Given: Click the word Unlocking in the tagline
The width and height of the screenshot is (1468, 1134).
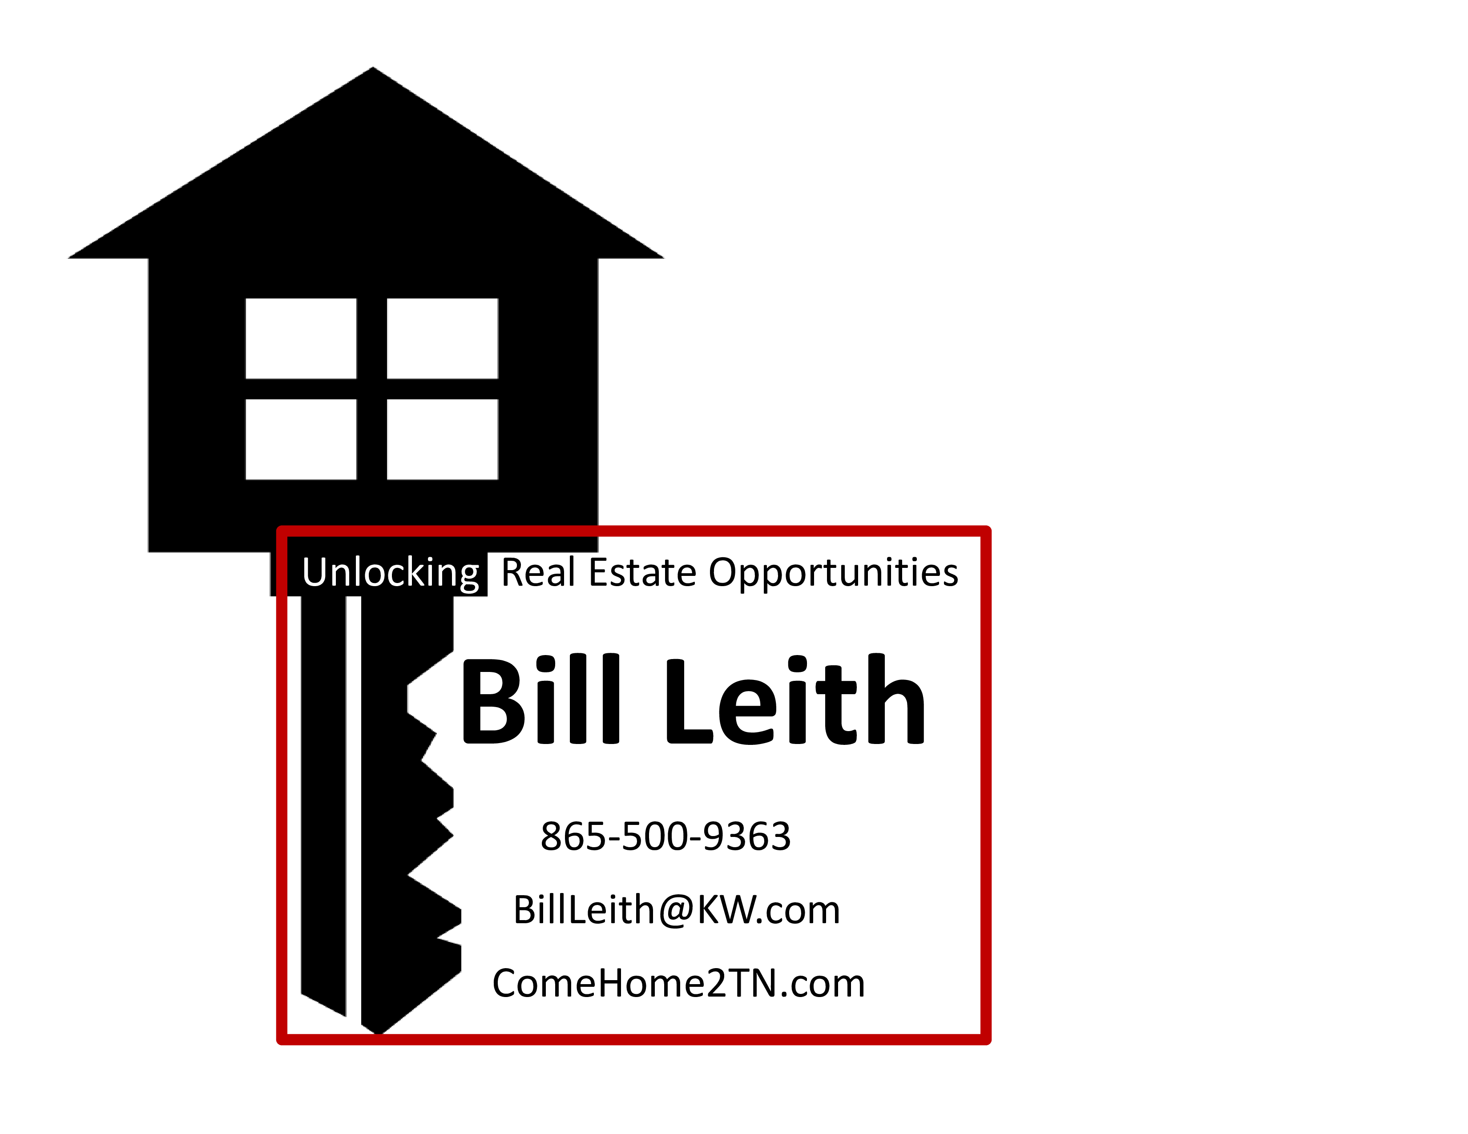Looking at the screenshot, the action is click(391, 574).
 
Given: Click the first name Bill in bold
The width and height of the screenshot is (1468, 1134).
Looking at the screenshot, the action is click(540, 699).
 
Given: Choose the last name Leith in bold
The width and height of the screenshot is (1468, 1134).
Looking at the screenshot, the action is click(795, 699).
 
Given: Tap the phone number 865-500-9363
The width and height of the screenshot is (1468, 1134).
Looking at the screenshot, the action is click(665, 836).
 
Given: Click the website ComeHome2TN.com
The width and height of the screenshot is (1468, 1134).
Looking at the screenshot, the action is click(678, 984).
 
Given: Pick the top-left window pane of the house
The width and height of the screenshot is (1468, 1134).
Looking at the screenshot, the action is click(300, 338).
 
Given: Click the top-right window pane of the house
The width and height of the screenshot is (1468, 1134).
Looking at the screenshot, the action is click(442, 338).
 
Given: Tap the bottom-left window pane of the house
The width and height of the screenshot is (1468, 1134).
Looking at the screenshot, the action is click(300, 439).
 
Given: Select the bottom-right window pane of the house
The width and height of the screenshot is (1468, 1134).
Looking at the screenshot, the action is click(442, 439).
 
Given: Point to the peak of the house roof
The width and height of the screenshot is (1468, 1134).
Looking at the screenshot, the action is click(373, 68).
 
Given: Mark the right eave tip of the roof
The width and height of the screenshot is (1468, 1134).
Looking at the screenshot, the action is click(663, 257).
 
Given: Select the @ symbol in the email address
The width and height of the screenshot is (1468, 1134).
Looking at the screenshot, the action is click(677, 911).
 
